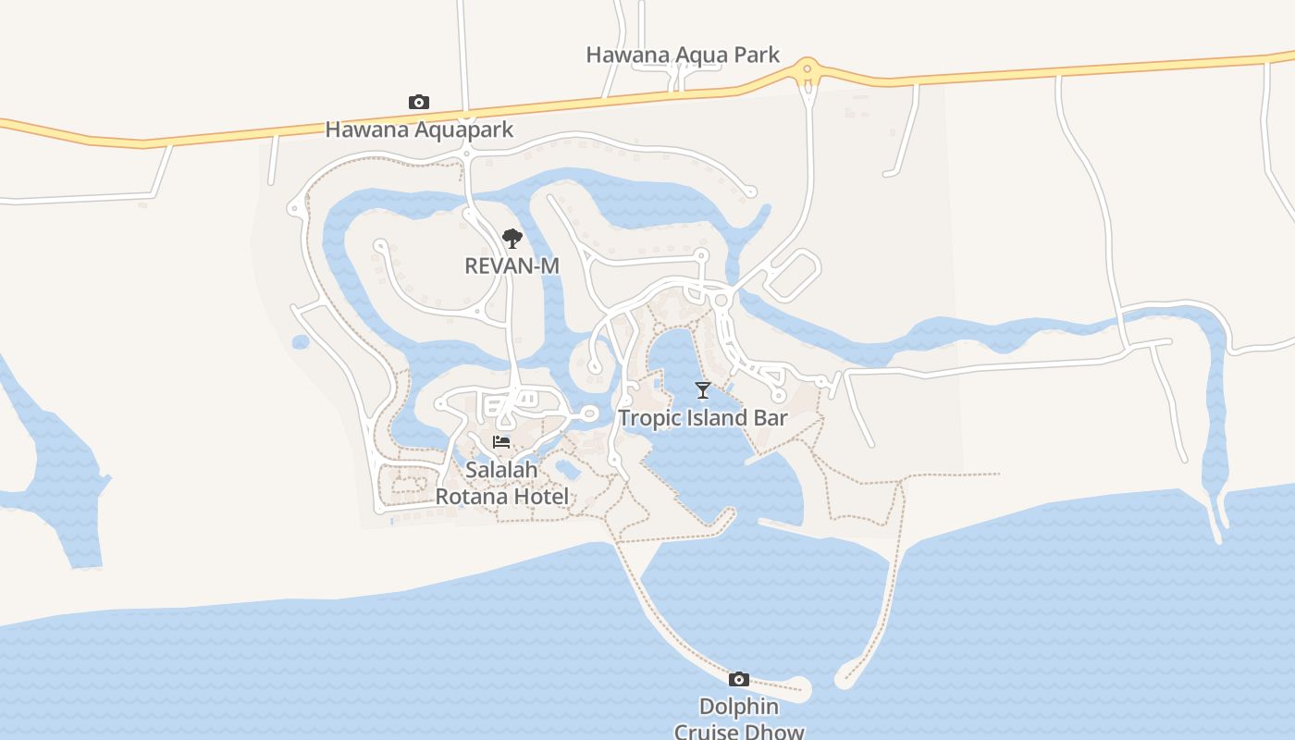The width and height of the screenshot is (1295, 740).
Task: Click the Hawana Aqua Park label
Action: tap(683, 55)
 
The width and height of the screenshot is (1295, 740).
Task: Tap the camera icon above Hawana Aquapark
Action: tap(419, 102)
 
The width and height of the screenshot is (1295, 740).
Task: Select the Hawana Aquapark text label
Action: tap(419, 129)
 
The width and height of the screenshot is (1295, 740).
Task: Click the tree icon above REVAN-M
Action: tap(512, 239)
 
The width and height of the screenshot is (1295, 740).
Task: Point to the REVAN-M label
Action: tap(512, 265)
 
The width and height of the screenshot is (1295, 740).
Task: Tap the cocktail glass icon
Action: tap(703, 390)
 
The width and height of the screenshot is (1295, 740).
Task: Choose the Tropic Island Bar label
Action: tap(703, 417)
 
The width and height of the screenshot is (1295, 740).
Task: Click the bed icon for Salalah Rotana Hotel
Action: tap(501, 442)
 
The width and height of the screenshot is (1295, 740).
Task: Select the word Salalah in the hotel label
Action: tap(501, 470)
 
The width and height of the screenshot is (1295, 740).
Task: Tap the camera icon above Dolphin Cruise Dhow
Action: tap(738, 680)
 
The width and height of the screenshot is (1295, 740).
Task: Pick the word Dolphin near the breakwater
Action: tap(738, 707)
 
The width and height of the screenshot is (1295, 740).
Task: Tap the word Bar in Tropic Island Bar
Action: tap(771, 417)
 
